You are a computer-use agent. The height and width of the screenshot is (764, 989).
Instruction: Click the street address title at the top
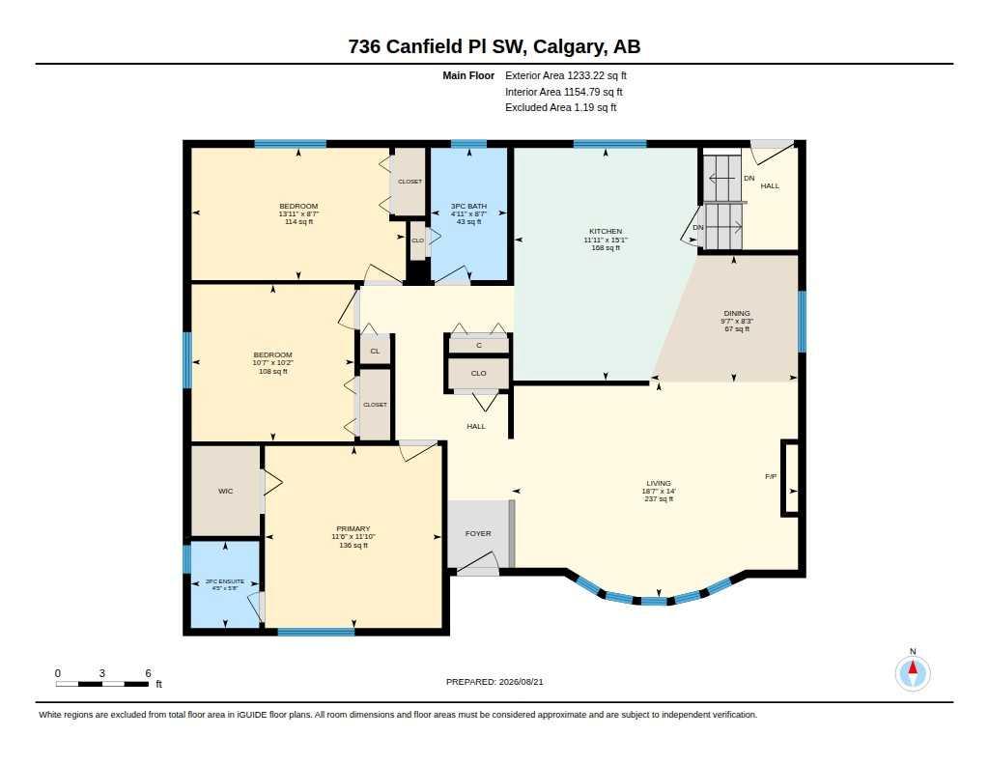(494, 46)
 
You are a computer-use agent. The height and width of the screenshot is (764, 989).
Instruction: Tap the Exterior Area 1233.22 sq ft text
(565, 75)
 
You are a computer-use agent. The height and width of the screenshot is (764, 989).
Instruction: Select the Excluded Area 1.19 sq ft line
(560, 108)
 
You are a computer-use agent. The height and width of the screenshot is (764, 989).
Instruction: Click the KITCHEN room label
(606, 232)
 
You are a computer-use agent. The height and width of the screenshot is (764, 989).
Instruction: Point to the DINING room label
(737, 313)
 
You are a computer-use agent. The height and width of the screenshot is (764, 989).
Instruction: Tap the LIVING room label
(659, 483)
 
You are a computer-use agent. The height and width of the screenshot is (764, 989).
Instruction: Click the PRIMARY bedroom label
(353, 528)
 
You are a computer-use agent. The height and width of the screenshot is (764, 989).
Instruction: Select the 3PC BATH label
(468, 207)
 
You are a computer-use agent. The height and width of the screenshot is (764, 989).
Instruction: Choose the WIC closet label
(226, 492)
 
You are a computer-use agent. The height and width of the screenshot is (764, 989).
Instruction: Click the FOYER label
(478, 534)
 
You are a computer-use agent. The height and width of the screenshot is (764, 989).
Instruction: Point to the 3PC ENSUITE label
(224, 581)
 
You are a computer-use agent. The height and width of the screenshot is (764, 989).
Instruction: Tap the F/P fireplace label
(771, 477)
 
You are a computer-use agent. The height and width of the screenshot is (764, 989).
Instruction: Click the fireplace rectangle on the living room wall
(790, 478)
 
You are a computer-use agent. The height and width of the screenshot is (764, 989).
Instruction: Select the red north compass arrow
(913, 667)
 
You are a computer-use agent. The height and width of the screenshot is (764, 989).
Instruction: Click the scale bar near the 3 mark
(101, 684)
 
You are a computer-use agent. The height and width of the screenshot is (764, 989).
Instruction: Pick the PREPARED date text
(494, 682)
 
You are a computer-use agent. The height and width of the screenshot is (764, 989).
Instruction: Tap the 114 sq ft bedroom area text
(299, 221)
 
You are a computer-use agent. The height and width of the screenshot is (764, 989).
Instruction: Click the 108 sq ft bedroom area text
(273, 372)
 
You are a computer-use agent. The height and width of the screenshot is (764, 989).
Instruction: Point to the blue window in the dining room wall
(802, 321)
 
